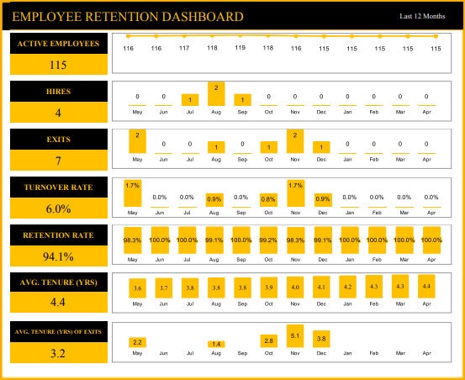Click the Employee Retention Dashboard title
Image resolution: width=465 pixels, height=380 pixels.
pyautogui.click(x=128, y=17)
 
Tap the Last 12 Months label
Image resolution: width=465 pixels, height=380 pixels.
pyautogui.click(x=422, y=17)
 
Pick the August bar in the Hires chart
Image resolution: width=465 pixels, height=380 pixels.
pyautogui.click(x=216, y=94)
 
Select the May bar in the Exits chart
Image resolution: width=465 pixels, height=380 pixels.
pyautogui.click(x=137, y=142)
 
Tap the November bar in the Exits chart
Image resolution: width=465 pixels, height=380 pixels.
pyautogui.click(x=294, y=142)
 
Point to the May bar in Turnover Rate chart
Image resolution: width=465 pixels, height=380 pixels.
pyautogui.click(x=132, y=193)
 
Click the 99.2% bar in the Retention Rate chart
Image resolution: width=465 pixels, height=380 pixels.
pyautogui.click(x=268, y=240)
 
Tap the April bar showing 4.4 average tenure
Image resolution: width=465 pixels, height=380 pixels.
pyautogui.click(x=426, y=287)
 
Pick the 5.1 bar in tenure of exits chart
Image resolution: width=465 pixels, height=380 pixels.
pyautogui.click(x=294, y=336)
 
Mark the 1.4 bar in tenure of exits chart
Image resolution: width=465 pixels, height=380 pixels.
pyautogui.click(x=216, y=344)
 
